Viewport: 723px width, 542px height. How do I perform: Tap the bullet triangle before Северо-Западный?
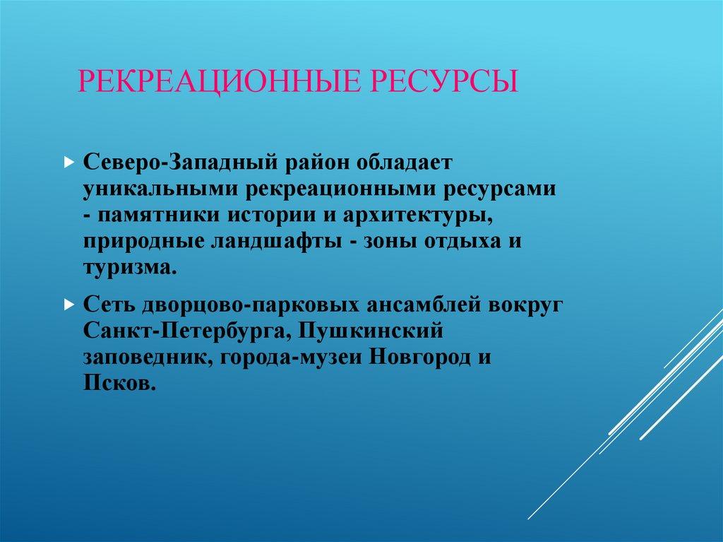coord(68,163)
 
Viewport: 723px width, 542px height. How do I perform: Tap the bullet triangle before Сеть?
coord(68,305)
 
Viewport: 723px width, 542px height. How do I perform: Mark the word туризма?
coord(128,267)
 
